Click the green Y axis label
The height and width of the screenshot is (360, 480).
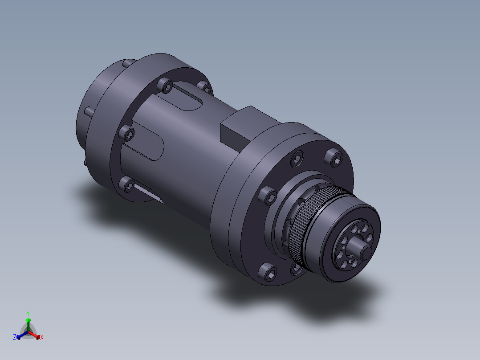(x=28, y=313)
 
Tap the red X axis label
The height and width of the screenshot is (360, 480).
(x=42, y=337)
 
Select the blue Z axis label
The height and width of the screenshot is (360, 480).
(x=15, y=337)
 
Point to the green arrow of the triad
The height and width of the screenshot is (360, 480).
(x=28, y=325)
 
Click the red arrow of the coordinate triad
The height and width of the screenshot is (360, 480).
(x=35, y=335)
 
